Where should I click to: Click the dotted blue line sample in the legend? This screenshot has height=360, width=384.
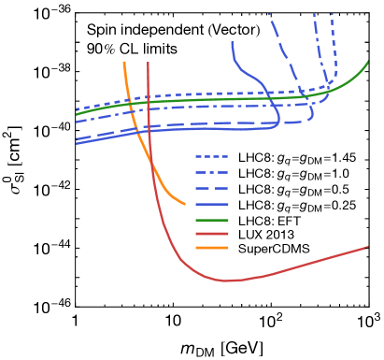pos(212,158)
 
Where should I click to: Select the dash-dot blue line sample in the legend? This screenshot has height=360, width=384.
pos(212,174)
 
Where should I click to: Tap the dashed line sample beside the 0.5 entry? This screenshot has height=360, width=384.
pos(212,189)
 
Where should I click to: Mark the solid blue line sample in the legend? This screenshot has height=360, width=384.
pos(212,204)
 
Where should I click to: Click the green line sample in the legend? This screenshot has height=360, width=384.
pos(212,219)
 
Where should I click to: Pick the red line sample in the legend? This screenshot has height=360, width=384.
pos(212,234)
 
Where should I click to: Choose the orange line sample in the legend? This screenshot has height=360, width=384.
pos(212,249)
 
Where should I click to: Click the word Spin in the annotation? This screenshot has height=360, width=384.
pos(100,31)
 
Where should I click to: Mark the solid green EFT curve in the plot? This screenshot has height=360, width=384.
pos(280,97)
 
